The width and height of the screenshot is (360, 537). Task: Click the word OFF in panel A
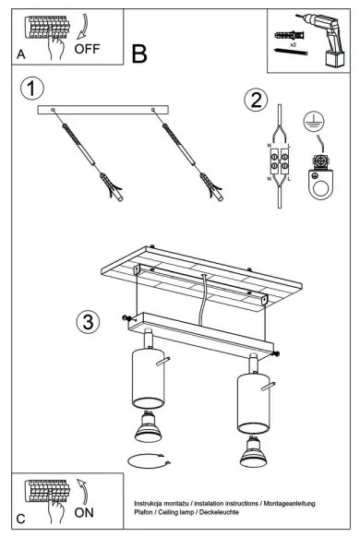pos(87,49)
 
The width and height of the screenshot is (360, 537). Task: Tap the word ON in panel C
pos(84,513)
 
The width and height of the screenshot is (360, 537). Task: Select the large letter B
pos(139,54)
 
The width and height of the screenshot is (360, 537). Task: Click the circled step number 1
pos(32,89)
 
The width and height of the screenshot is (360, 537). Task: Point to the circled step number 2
pos(256,101)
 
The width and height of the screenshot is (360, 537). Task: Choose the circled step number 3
pos(88,322)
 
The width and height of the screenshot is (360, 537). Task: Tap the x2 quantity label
pos(293,44)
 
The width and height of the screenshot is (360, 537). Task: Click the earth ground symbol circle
pos(314,122)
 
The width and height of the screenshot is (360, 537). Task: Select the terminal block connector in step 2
pos(280,161)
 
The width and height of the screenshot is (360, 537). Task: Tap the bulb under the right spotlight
pos(254,451)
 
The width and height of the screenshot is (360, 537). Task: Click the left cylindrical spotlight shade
pos(149,378)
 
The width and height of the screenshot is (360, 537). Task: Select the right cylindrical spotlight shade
pos(254,403)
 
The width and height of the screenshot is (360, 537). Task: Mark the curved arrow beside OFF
pos(82,27)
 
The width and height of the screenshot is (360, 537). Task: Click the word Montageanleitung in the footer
pos(289,504)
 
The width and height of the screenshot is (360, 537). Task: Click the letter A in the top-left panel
pos(21,54)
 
